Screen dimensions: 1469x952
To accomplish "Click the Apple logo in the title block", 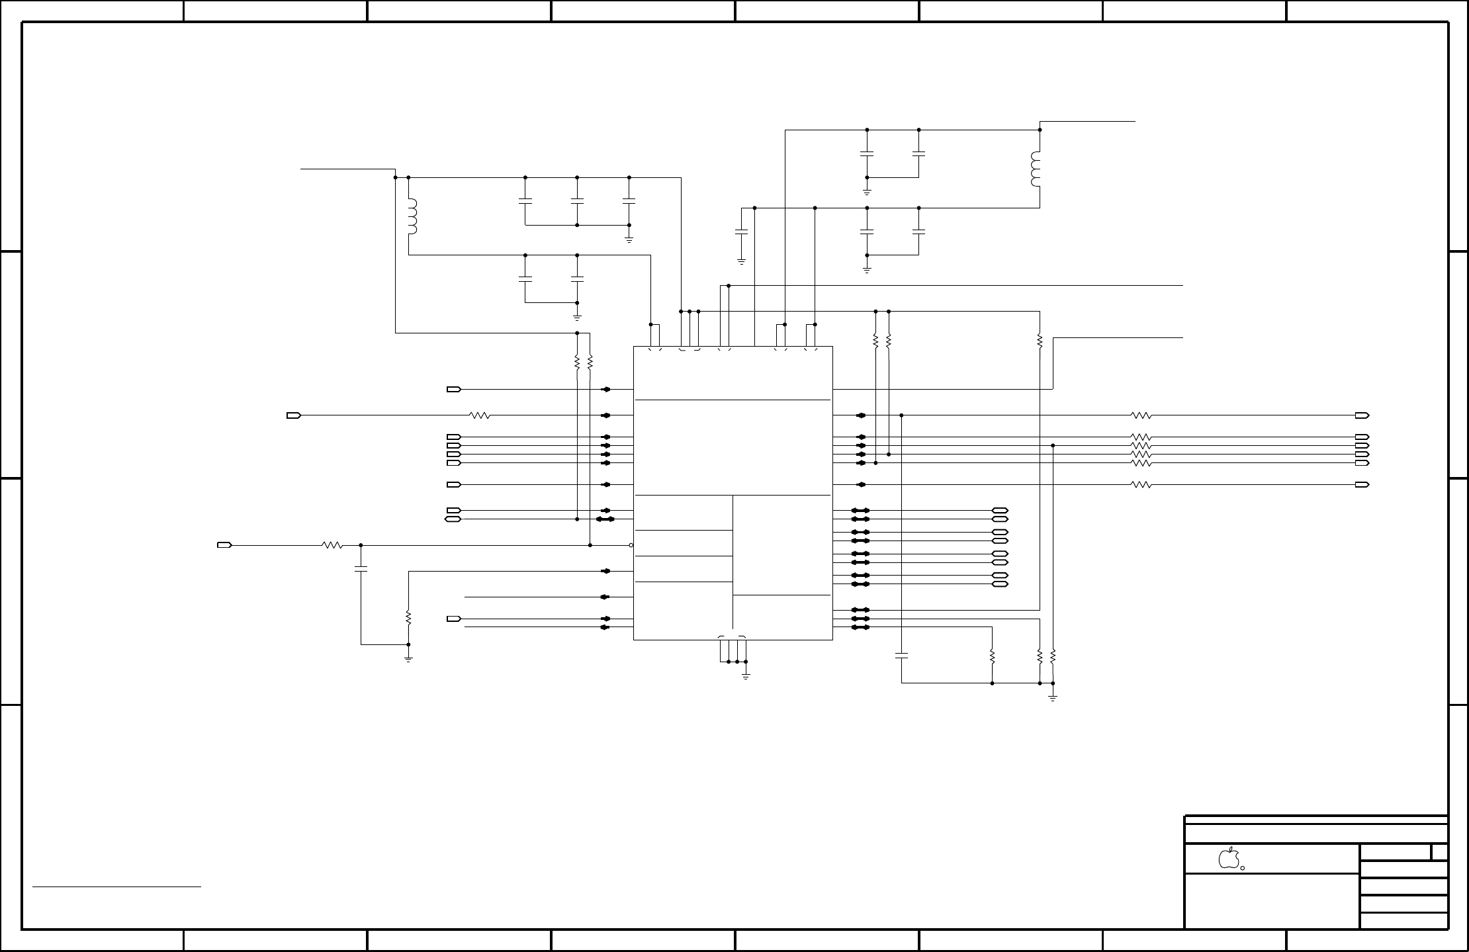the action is [1228, 857].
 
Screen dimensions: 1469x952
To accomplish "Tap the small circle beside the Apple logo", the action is [1242, 868].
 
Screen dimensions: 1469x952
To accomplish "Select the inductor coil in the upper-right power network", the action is [1036, 169].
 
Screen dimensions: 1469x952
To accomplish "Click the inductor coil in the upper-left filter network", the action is [412, 217].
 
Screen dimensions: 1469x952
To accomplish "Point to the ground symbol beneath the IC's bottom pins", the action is [746, 676].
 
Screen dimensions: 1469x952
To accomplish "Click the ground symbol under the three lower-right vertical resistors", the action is [1053, 697].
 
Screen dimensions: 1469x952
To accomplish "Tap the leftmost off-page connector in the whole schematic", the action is [224, 545].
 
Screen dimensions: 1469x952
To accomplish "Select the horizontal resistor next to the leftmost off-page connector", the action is [332, 545].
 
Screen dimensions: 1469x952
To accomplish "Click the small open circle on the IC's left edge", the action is [631, 545].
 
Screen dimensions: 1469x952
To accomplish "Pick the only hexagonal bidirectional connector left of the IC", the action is [454, 519].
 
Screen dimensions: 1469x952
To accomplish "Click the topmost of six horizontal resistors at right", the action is [1141, 415].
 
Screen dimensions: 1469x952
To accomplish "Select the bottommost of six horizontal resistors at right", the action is [1141, 485].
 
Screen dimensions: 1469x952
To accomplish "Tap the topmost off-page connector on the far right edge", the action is [1362, 415].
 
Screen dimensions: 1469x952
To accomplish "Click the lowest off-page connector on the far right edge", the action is [1362, 485].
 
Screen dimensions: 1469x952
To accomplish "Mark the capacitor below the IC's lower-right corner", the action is [902, 656].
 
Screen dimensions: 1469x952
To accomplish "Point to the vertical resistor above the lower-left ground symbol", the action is [408, 618].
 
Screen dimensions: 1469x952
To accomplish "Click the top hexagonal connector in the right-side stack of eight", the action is [1000, 511].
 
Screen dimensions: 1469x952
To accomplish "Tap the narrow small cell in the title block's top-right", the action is [1440, 852].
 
